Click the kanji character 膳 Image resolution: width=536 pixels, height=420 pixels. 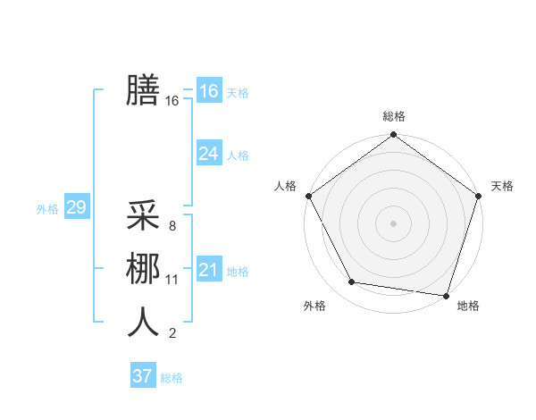(143, 89)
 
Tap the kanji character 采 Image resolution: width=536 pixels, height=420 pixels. (143, 215)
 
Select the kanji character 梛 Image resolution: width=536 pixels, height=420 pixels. (143, 269)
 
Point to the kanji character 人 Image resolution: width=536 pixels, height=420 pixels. (143, 322)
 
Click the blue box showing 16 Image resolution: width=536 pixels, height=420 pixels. (208, 91)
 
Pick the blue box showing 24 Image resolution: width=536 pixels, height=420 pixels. (208, 154)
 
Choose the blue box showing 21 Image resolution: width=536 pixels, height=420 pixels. (208, 270)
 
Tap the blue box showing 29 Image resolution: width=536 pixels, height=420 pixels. (76, 208)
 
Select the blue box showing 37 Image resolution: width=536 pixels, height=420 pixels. (142, 376)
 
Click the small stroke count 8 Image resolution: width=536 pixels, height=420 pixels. (172, 226)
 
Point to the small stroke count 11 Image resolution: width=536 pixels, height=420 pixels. (172, 280)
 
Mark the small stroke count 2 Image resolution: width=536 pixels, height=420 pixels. (172, 333)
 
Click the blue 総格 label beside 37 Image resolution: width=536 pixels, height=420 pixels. (172, 378)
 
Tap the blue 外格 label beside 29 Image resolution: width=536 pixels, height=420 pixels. (47, 209)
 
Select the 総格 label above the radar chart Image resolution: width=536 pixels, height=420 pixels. (393, 116)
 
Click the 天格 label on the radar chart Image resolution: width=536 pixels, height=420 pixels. (502, 186)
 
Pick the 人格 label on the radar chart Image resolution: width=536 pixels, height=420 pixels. (285, 186)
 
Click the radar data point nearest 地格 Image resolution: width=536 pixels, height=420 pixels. (446, 295)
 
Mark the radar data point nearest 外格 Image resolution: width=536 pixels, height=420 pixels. (352, 282)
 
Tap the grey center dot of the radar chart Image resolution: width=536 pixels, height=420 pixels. (393, 223)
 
